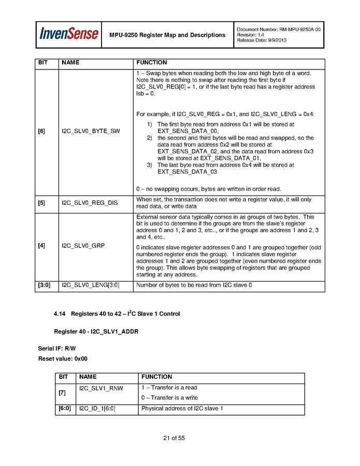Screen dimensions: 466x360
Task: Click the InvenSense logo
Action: click(69, 35)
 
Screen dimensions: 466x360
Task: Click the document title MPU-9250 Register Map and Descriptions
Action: click(167, 35)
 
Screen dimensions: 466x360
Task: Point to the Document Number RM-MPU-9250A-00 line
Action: click(278, 30)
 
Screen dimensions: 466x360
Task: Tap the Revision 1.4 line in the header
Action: click(251, 35)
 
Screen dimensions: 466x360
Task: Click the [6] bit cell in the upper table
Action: click(41, 131)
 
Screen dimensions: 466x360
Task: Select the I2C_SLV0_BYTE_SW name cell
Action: click(91, 131)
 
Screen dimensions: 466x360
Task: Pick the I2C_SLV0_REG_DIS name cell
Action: click(90, 203)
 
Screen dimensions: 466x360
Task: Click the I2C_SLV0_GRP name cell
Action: click(83, 245)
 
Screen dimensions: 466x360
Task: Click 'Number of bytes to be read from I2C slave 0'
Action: click(194, 285)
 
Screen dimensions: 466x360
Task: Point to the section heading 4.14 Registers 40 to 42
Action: click(117, 314)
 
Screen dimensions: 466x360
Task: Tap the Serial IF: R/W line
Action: click(57, 349)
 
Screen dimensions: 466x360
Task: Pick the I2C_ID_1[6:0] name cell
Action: click(97, 409)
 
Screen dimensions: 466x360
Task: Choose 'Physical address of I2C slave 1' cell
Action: click(182, 409)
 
